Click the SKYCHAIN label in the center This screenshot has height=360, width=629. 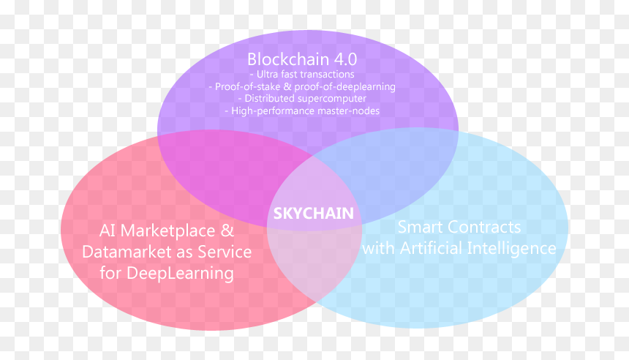313,213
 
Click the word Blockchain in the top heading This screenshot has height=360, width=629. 288,59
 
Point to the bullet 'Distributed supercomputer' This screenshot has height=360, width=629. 301,98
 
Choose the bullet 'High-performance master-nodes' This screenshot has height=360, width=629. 301,110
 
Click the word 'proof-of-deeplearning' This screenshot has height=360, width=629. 345,86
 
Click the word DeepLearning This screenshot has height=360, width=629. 180,274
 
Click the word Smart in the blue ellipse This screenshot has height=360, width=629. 419,227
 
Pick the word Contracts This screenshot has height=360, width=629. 483,227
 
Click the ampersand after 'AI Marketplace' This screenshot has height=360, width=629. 227,230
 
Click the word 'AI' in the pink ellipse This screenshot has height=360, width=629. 108,230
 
